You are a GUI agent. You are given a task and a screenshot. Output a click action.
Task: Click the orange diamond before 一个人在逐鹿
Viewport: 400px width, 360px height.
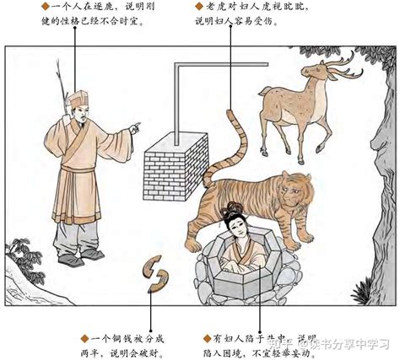pos(35,8)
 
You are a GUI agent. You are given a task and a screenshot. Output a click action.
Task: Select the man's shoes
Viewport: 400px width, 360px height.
pos(80,260)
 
